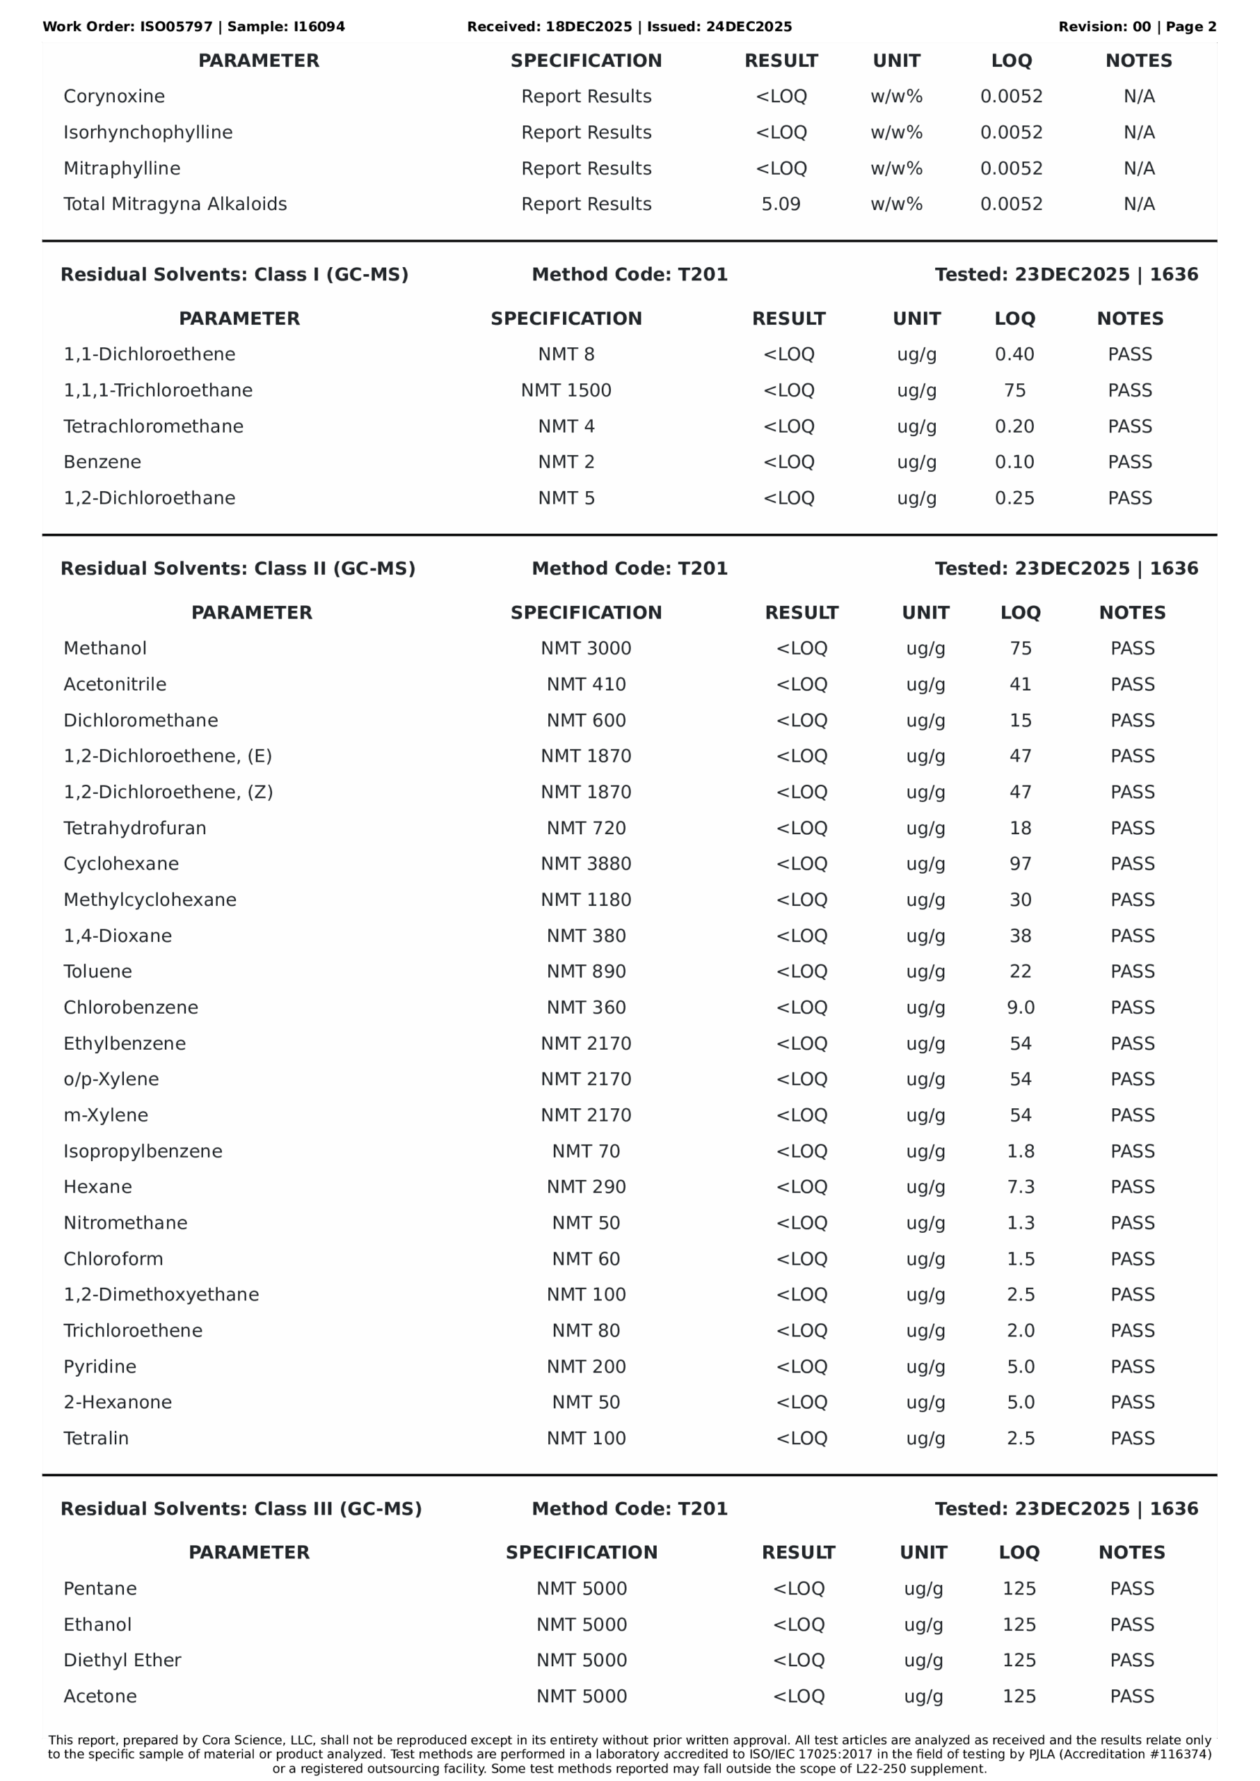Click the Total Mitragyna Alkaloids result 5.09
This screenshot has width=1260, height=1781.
(x=781, y=204)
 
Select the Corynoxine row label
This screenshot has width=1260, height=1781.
(x=114, y=96)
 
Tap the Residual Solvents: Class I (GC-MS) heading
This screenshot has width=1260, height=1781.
(x=234, y=275)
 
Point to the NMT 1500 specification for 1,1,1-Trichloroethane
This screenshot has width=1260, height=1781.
(x=566, y=390)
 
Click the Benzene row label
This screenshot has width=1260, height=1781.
(x=102, y=463)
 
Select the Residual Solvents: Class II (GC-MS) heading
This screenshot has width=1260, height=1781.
(x=237, y=568)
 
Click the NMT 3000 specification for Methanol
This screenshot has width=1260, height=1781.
(x=586, y=648)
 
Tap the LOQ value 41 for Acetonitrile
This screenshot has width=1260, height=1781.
(x=1020, y=684)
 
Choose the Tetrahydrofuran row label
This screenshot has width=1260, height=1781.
(x=135, y=829)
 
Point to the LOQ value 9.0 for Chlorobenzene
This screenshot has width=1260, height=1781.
(x=1020, y=1007)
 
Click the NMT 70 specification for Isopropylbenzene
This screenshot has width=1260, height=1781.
(x=586, y=1151)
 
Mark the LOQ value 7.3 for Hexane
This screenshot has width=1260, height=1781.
(x=1020, y=1187)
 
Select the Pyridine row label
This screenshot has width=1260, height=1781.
(x=100, y=1367)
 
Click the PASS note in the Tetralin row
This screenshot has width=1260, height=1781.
(x=1132, y=1438)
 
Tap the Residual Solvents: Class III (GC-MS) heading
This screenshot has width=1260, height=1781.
(x=241, y=1509)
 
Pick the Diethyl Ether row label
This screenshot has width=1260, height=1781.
(x=122, y=1660)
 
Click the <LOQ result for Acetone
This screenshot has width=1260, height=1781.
(x=798, y=1696)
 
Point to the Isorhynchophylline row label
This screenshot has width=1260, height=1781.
(x=148, y=133)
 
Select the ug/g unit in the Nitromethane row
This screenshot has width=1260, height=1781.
(x=925, y=1223)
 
